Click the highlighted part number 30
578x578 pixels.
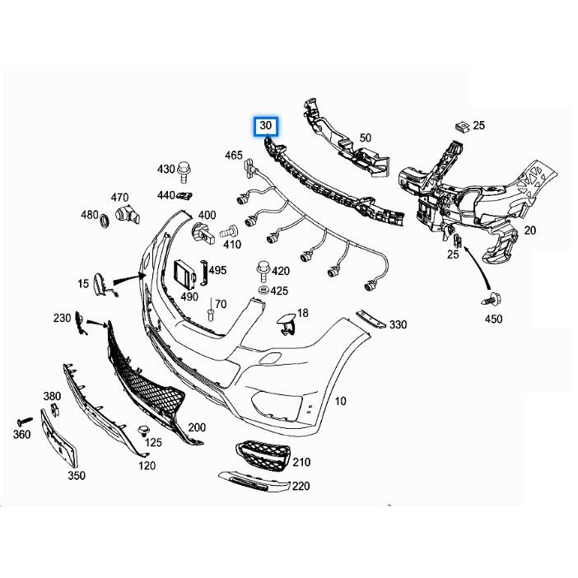[266, 127]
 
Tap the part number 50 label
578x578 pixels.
[366, 138]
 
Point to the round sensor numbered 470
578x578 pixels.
[126, 215]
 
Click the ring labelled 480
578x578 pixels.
[105, 222]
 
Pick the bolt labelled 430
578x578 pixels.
[185, 170]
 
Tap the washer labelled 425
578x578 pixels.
[263, 291]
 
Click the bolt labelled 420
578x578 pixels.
[263, 268]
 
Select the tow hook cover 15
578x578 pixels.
[101, 284]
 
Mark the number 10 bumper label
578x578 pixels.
[340, 401]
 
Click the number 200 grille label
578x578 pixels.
[197, 427]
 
